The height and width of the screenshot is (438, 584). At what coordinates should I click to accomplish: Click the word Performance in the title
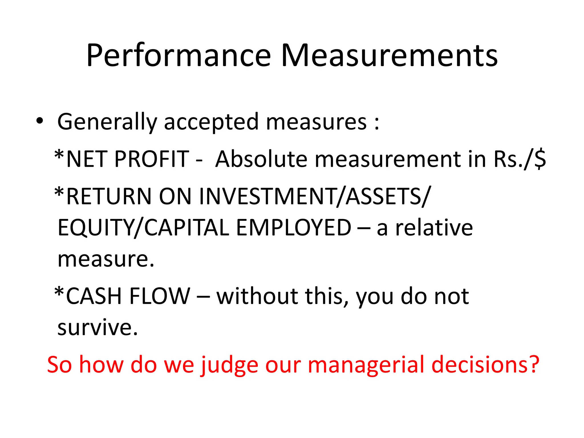point(179,56)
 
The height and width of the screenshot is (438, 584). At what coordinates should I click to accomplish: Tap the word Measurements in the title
point(389,56)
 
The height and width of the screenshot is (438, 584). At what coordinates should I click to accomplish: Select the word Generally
point(107,122)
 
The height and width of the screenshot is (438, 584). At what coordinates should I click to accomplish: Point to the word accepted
point(211,122)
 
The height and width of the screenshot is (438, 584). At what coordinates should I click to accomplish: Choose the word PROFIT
point(152,159)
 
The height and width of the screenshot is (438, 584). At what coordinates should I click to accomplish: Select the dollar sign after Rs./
point(540,159)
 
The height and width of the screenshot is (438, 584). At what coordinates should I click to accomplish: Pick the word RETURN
point(109,196)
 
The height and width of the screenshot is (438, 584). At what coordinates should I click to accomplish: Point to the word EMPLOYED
point(294,228)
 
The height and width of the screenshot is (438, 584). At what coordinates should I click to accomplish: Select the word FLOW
point(160,296)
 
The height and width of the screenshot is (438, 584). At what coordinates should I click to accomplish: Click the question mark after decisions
point(532,364)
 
